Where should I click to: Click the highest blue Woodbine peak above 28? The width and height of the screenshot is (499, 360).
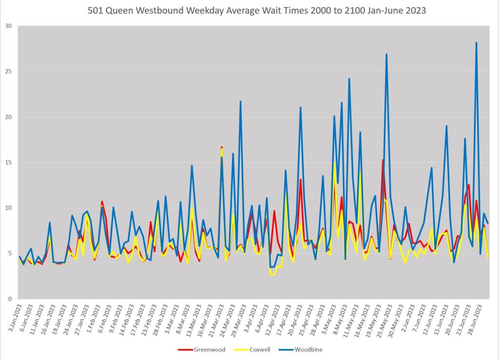point(476,43)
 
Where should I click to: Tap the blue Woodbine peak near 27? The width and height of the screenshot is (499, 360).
point(386,55)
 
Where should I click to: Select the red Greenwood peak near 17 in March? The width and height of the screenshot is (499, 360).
point(222,147)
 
